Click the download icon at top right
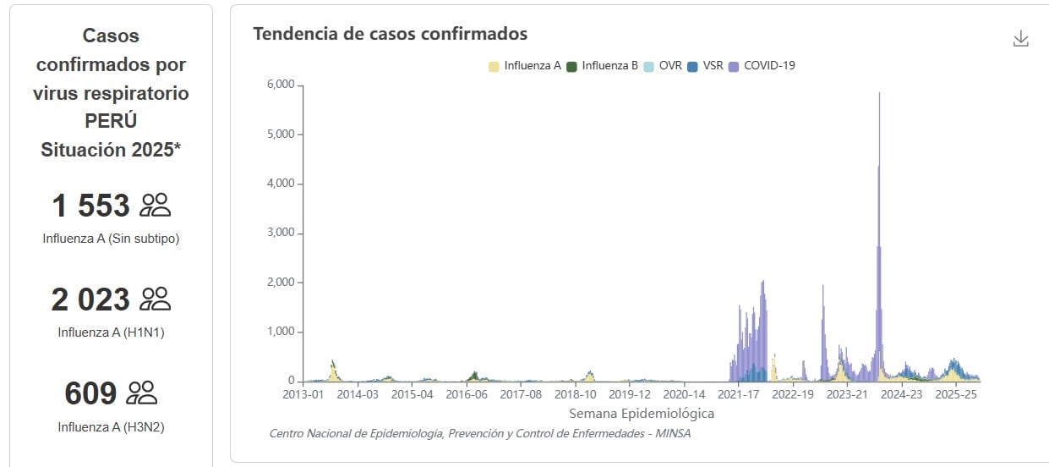pyautogui.click(x=1020, y=39)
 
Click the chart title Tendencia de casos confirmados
pyautogui.click(x=390, y=34)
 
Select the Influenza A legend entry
pyautogui.click(x=525, y=65)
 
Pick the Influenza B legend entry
pyautogui.click(x=603, y=65)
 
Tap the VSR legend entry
pyautogui.click(x=706, y=65)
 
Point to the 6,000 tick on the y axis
pyautogui.click(x=280, y=85)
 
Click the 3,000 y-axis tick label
pyautogui.click(x=280, y=233)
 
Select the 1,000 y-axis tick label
pyautogui.click(x=280, y=332)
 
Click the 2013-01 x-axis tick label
pyautogui.click(x=303, y=394)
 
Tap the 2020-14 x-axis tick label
pyautogui.click(x=683, y=394)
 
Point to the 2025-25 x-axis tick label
pyautogui.click(x=956, y=394)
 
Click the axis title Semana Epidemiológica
pyautogui.click(x=642, y=414)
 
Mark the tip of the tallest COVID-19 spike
pyautogui.click(x=880, y=93)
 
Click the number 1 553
pyautogui.click(x=91, y=206)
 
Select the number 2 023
pyautogui.click(x=91, y=299)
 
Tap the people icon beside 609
pyautogui.click(x=141, y=393)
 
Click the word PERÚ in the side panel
pyautogui.click(x=111, y=121)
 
